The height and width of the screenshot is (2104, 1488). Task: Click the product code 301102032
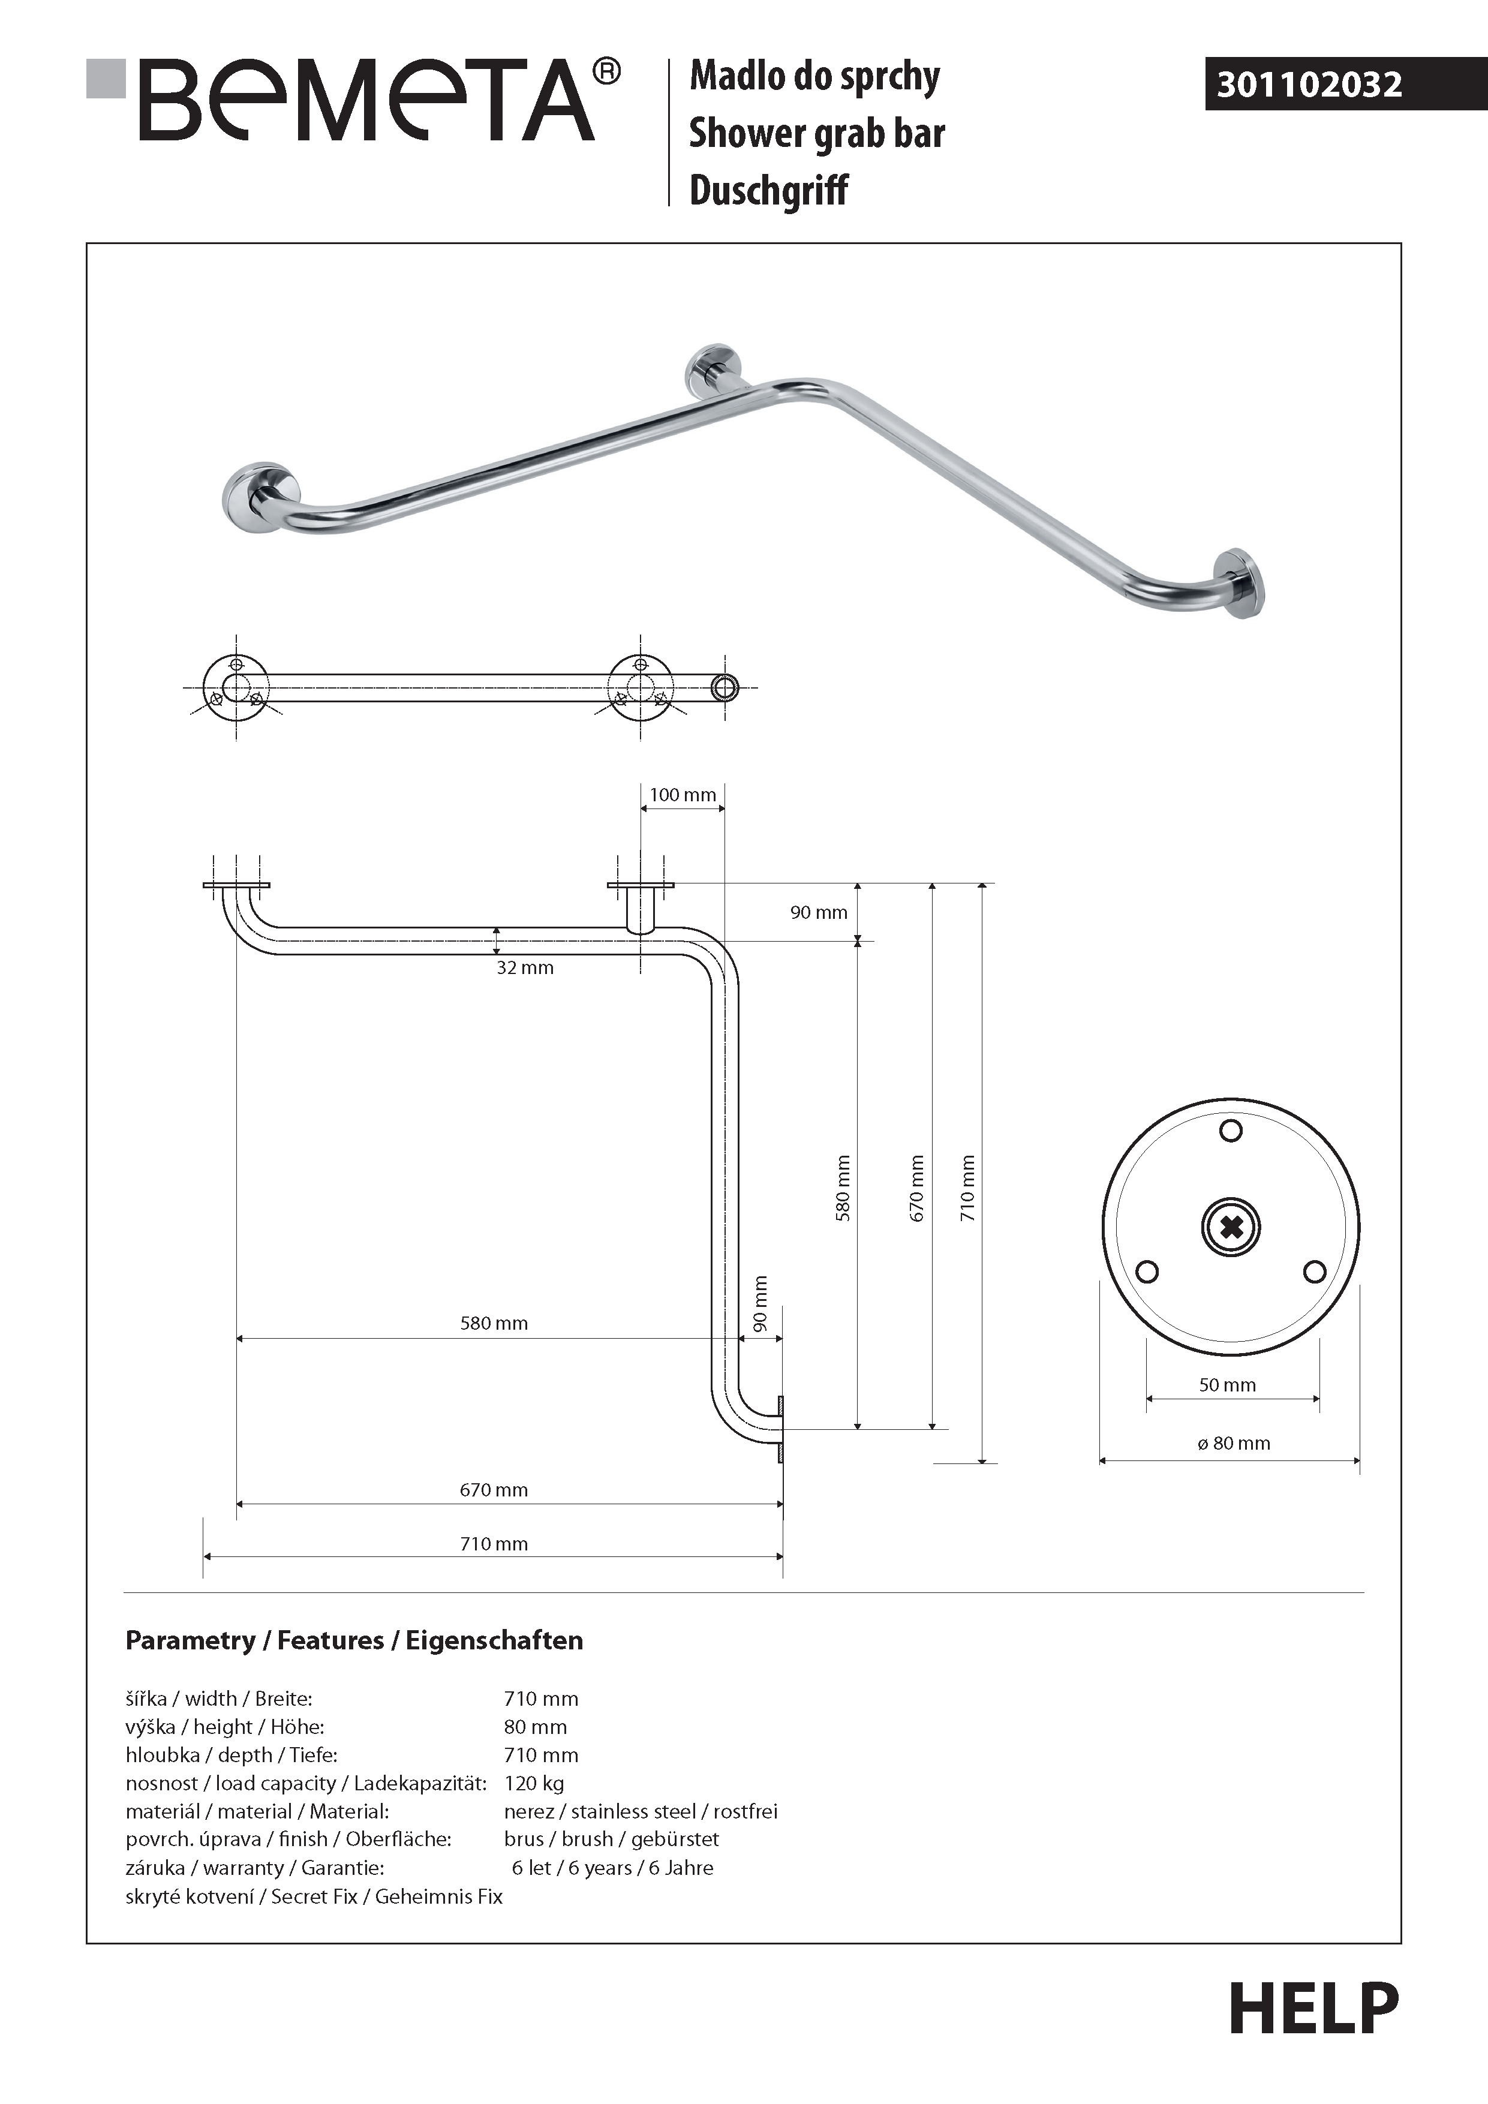pyautogui.click(x=1309, y=85)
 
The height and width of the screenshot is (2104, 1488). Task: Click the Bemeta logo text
pyautogui.click(x=366, y=101)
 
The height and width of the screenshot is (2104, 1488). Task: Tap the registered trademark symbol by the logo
pyautogui.click(x=606, y=71)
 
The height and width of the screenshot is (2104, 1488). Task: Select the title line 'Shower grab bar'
pyautogui.click(x=816, y=133)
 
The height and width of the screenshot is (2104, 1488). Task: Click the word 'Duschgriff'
pyautogui.click(x=768, y=191)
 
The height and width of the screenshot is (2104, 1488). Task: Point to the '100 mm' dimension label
pyautogui.click(x=683, y=795)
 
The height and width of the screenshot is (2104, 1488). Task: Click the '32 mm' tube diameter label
pyautogui.click(x=524, y=967)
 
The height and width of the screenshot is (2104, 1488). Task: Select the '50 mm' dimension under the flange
pyautogui.click(x=1227, y=1385)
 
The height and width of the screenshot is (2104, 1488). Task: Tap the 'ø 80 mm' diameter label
pyautogui.click(x=1233, y=1443)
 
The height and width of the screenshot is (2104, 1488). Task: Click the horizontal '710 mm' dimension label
pyautogui.click(x=493, y=1544)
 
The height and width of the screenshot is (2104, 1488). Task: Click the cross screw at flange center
pyautogui.click(x=1231, y=1227)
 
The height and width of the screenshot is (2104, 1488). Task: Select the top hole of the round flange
pyautogui.click(x=1231, y=1131)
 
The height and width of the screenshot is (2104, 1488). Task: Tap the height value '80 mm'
pyautogui.click(x=535, y=1727)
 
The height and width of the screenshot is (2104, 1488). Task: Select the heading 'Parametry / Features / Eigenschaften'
pyautogui.click(x=354, y=1640)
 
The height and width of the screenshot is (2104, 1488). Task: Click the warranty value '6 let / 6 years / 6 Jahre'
pyautogui.click(x=612, y=1868)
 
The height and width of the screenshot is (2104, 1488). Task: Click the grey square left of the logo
pyautogui.click(x=106, y=78)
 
